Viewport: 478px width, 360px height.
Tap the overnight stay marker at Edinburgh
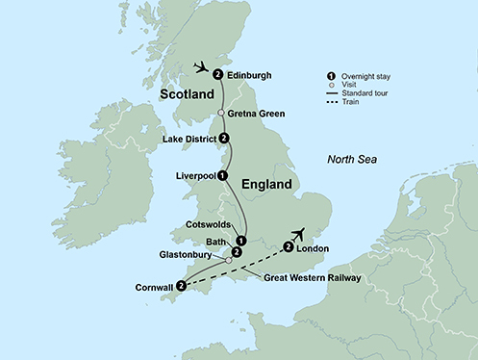(218, 74)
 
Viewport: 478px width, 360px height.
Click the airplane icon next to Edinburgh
(201, 67)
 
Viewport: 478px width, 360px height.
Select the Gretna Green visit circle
(221, 113)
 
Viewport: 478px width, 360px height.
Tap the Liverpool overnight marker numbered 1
(223, 175)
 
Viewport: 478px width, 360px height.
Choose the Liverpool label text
(194, 176)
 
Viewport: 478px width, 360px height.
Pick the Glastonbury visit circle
(228, 260)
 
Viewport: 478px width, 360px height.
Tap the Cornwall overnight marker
(180, 285)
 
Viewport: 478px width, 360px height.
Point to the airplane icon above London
(301, 234)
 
